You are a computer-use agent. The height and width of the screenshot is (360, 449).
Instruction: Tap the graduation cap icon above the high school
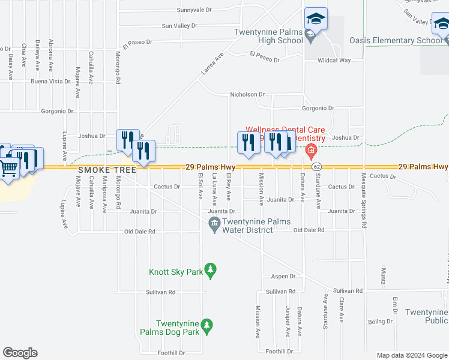pyautogui.click(x=315, y=19)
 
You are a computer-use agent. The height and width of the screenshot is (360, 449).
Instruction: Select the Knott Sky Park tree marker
pyautogui.click(x=210, y=271)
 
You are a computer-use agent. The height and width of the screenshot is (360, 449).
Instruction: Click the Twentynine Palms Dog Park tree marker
pyautogui.click(x=206, y=326)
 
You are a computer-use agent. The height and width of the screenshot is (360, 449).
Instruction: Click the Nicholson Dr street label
pyautogui.click(x=247, y=95)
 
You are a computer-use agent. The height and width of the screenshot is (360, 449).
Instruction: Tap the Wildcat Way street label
pyautogui.click(x=334, y=61)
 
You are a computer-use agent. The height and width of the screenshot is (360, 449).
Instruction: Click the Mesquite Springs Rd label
pyautogui.click(x=364, y=200)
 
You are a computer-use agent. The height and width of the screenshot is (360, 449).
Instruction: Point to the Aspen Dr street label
pyautogui.click(x=283, y=277)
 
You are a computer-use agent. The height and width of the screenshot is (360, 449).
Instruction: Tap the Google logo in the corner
pyautogui.click(x=20, y=353)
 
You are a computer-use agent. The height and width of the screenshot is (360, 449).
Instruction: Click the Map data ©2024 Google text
pyautogui.click(x=411, y=355)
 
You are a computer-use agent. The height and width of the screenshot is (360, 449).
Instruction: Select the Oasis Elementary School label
pyautogui.click(x=396, y=41)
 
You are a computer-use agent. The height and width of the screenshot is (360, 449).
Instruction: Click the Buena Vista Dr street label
pyautogui.click(x=50, y=81)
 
